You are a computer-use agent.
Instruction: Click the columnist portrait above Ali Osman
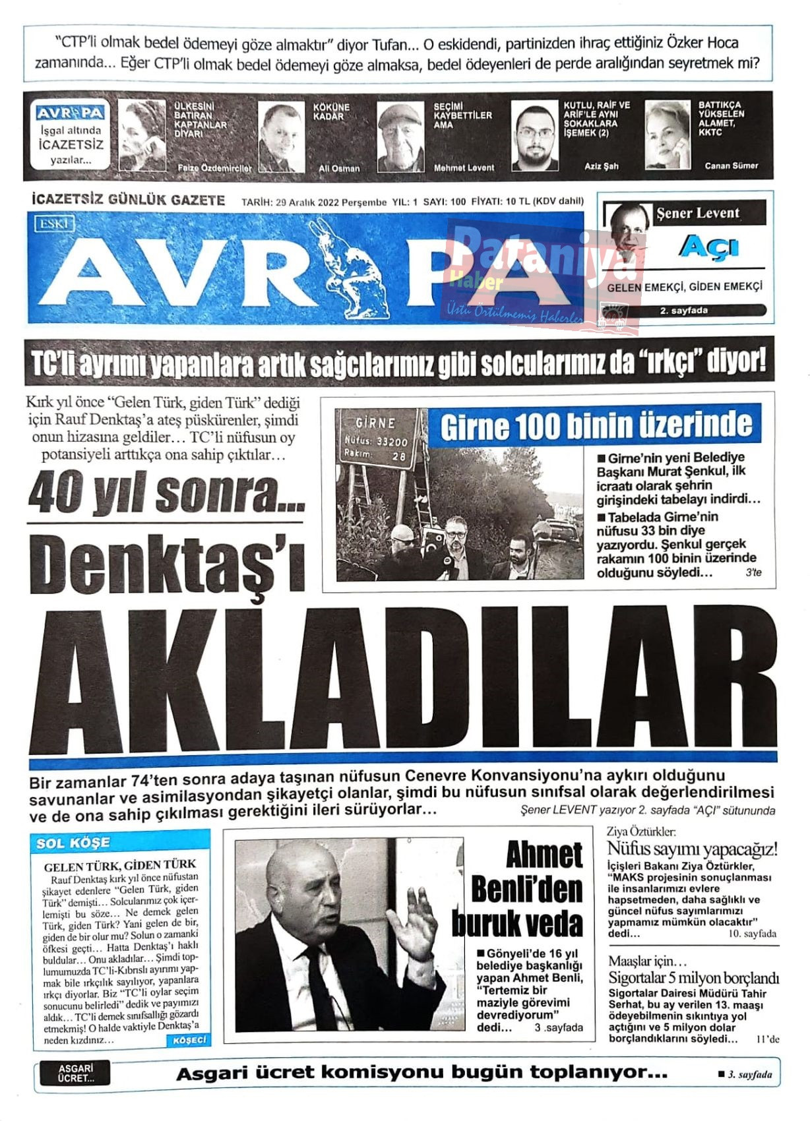[x=281, y=136]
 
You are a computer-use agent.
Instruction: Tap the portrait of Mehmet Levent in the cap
[x=400, y=136]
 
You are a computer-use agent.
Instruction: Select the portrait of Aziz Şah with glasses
[x=534, y=136]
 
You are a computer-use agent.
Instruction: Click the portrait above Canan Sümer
[x=667, y=135]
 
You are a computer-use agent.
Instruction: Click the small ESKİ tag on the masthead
[x=54, y=224]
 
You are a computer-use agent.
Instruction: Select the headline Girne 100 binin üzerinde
[x=596, y=427]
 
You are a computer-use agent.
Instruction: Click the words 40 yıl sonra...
[x=166, y=493]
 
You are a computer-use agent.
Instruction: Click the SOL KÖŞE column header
[x=73, y=843]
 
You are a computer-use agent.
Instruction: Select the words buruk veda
[x=518, y=923]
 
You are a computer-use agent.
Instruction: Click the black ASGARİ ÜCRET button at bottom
[x=76, y=1073]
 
